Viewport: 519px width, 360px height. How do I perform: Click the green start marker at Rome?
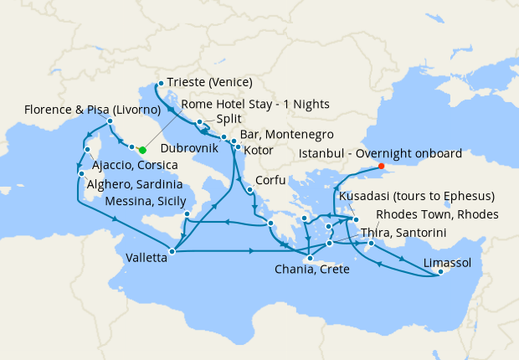click(x=142, y=150)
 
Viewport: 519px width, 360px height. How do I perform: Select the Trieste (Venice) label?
click(x=209, y=82)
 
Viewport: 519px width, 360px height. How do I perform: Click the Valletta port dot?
click(x=172, y=250)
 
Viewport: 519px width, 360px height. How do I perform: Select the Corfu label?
click(x=269, y=180)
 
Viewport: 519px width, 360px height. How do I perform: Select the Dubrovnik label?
click(x=189, y=148)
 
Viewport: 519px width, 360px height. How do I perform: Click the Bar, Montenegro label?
click(x=286, y=134)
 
